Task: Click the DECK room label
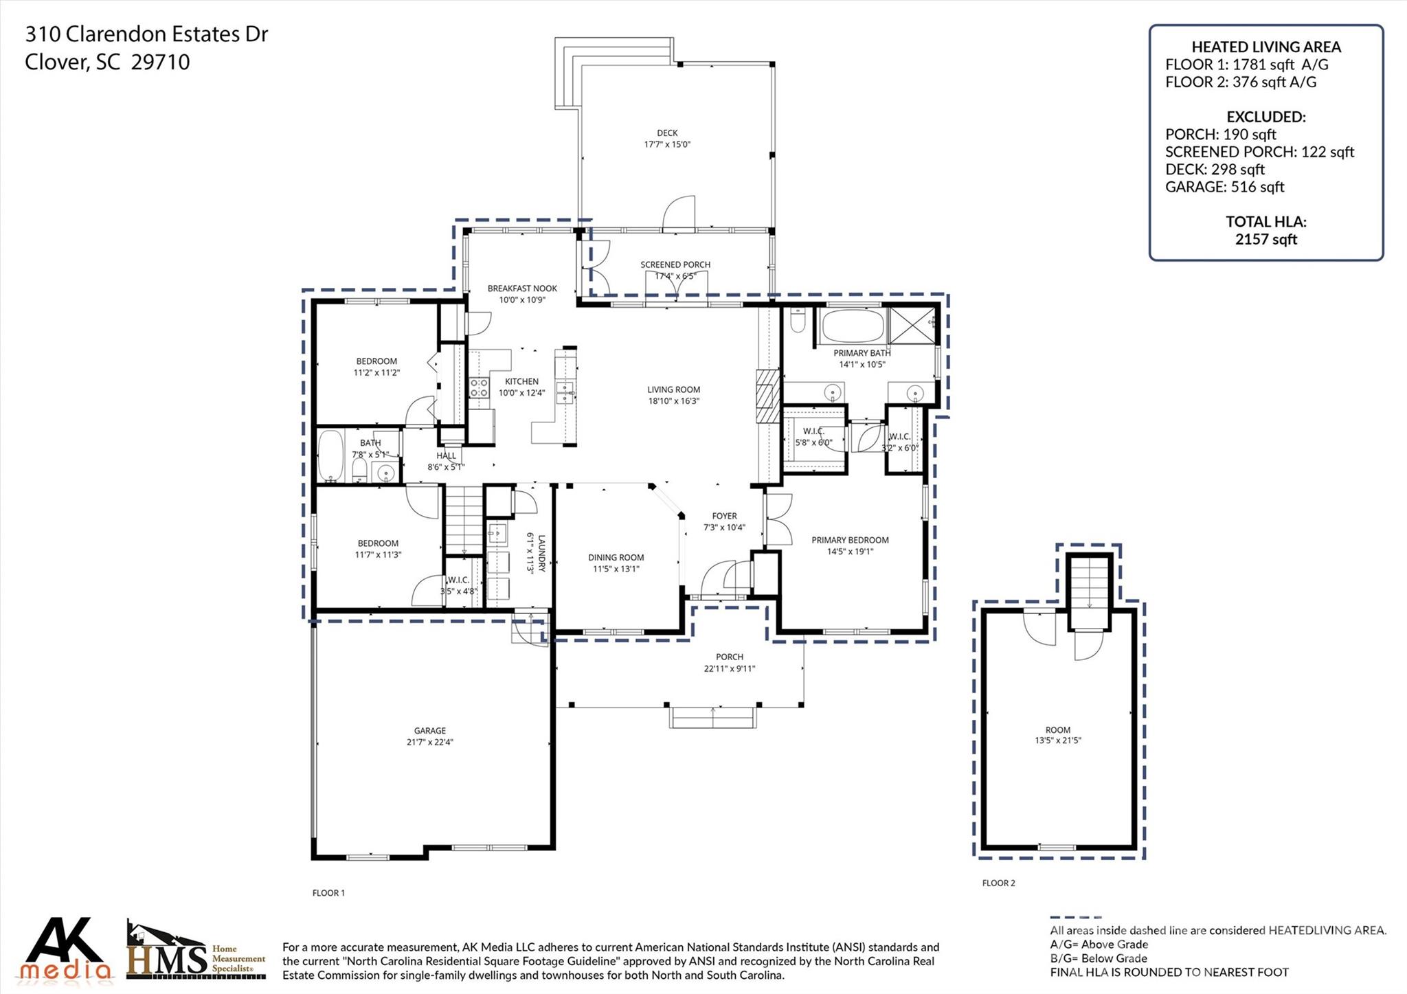(x=666, y=133)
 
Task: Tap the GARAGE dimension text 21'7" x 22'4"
(x=429, y=742)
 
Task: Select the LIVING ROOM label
(x=673, y=389)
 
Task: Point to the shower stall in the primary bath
(x=912, y=325)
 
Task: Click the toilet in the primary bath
(x=798, y=321)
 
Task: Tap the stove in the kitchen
(x=478, y=387)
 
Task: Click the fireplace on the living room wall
(x=768, y=396)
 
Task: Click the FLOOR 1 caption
(x=328, y=893)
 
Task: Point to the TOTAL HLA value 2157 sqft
(x=1265, y=239)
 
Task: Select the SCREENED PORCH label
(x=675, y=264)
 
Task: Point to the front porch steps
(x=712, y=718)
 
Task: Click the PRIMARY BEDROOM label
(x=850, y=540)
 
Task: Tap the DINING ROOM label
(x=616, y=558)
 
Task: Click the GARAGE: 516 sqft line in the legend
(x=1224, y=187)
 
